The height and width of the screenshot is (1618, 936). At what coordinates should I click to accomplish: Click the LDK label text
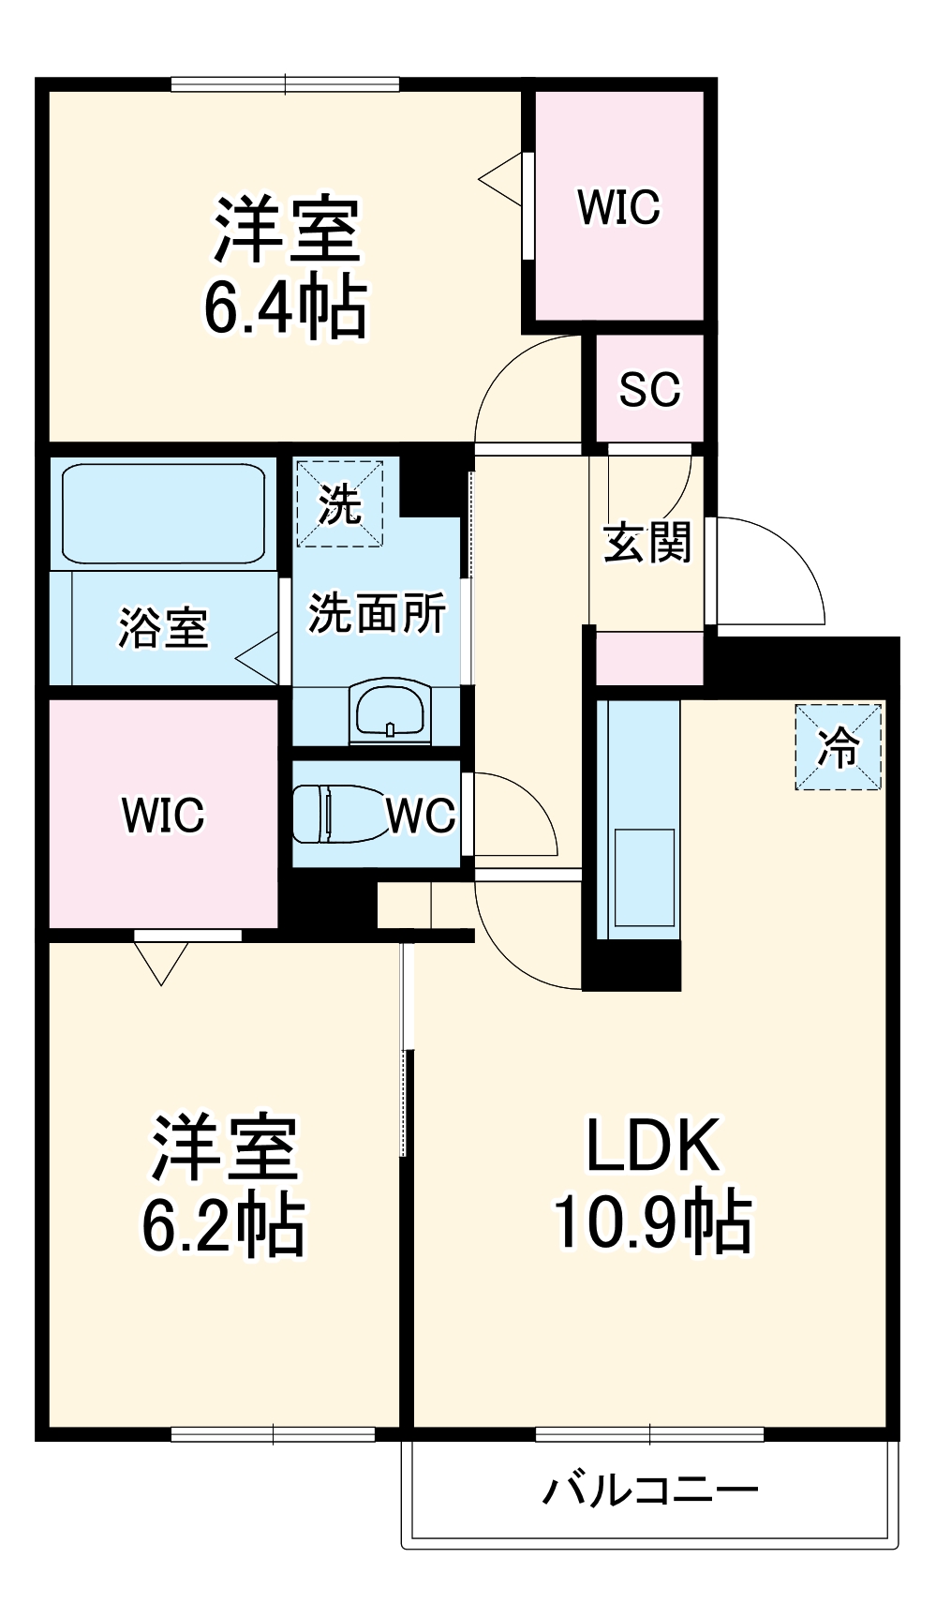click(x=653, y=1146)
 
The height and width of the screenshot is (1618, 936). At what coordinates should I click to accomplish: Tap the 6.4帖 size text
click(x=286, y=307)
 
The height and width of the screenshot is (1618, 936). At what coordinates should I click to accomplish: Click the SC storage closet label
click(x=649, y=389)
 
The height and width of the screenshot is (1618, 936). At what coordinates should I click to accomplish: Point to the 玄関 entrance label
click(x=646, y=543)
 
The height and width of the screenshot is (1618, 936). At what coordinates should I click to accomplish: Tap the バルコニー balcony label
click(x=649, y=1490)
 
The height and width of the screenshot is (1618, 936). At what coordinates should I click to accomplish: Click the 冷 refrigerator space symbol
click(x=839, y=746)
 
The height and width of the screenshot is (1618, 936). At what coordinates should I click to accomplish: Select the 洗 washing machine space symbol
click(x=339, y=503)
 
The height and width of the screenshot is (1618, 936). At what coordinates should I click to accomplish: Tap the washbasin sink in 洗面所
click(x=392, y=712)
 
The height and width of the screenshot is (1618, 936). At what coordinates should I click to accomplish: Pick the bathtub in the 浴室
click(x=164, y=513)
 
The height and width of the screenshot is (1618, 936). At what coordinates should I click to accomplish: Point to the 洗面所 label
click(x=377, y=614)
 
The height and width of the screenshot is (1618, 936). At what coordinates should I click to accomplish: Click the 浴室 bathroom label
click(x=163, y=627)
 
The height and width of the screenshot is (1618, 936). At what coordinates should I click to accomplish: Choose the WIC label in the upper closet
click(x=618, y=207)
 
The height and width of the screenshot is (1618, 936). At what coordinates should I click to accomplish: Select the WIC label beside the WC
click(x=163, y=814)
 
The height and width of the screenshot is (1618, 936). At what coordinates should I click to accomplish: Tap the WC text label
click(x=421, y=816)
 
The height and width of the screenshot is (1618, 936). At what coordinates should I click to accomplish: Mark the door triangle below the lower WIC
click(x=161, y=962)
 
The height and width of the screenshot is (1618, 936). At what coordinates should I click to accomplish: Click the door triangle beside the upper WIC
click(x=502, y=178)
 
